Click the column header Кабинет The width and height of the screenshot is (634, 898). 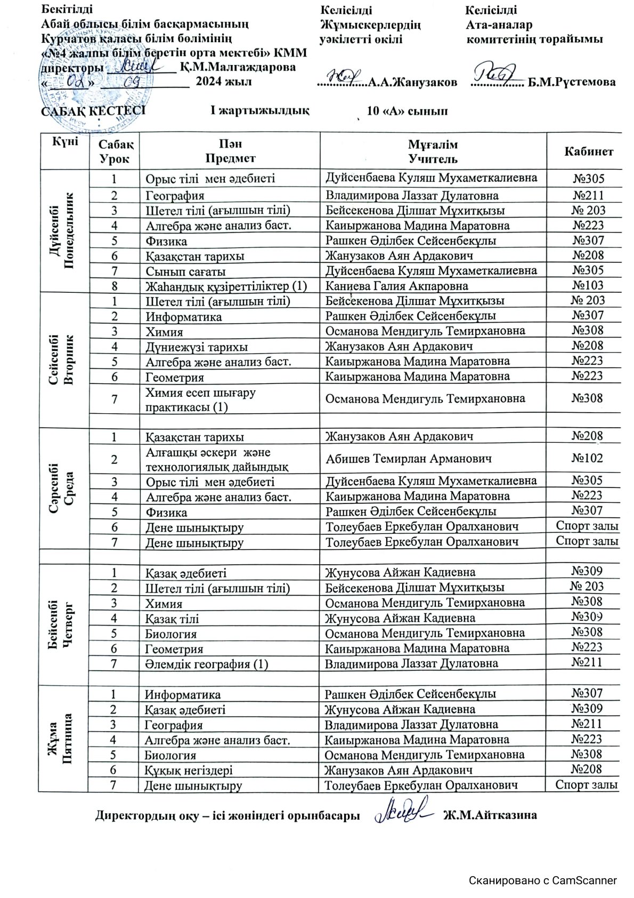(x=588, y=151)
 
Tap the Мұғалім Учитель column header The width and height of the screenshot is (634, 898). (x=433, y=151)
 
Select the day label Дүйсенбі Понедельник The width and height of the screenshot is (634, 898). (x=63, y=230)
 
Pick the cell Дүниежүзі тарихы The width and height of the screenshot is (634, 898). (x=197, y=347)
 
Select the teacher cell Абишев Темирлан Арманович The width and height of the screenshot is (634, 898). (x=408, y=459)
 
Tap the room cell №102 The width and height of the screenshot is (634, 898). (x=587, y=458)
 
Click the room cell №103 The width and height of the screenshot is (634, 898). (x=587, y=285)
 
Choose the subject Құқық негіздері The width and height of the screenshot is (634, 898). (x=189, y=771)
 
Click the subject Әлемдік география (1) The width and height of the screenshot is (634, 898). (x=206, y=664)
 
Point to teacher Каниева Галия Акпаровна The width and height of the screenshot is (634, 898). (x=396, y=286)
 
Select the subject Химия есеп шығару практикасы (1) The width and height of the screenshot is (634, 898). (x=200, y=399)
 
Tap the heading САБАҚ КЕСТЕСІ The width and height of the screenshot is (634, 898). (x=94, y=111)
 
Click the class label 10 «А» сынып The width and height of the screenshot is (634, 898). (x=407, y=111)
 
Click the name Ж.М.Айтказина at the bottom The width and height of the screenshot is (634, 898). (x=490, y=815)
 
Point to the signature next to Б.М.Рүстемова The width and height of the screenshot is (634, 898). (x=494, y=74)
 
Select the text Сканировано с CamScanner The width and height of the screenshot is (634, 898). (x=542, y=881)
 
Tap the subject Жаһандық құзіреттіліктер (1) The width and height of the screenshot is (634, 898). (x=226, y=286)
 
